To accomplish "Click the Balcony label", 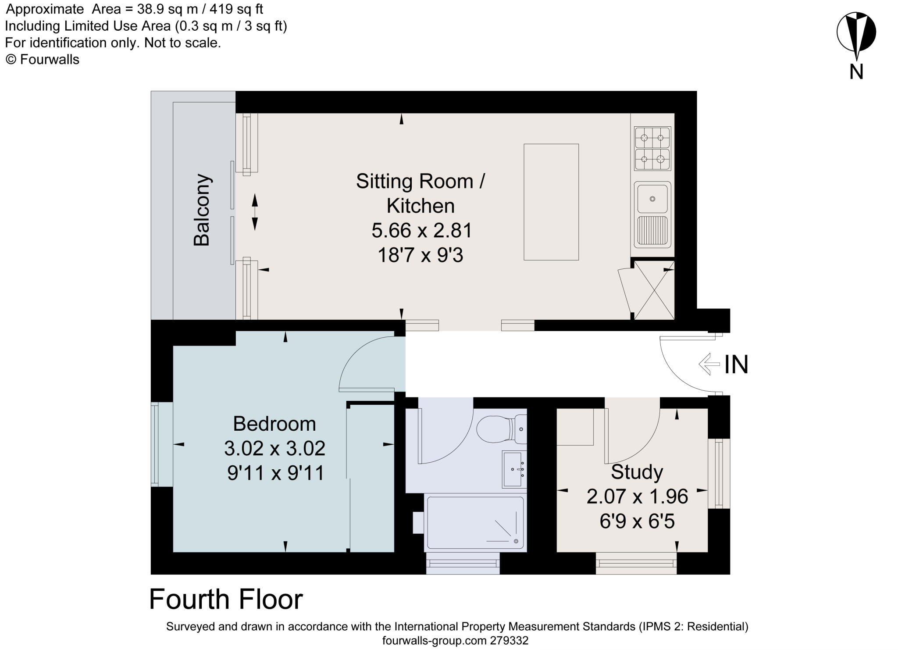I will [202, 210].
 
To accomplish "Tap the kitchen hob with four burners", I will [652, 148].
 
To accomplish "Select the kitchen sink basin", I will [652, 199].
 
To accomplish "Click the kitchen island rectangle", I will [551, 202].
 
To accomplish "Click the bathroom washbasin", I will [513, 469].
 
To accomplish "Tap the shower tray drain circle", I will [516, 541].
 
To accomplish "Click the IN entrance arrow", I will [709, 364].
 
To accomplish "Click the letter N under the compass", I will [856, 72].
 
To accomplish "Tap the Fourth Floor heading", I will [226, 600].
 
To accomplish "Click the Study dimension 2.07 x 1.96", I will [637, 496].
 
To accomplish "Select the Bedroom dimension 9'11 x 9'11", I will [275, 473].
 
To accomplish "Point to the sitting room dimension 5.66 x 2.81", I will [421, 230].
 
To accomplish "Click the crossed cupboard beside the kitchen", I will [654, 290].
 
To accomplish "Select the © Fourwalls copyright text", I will [43, 60].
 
